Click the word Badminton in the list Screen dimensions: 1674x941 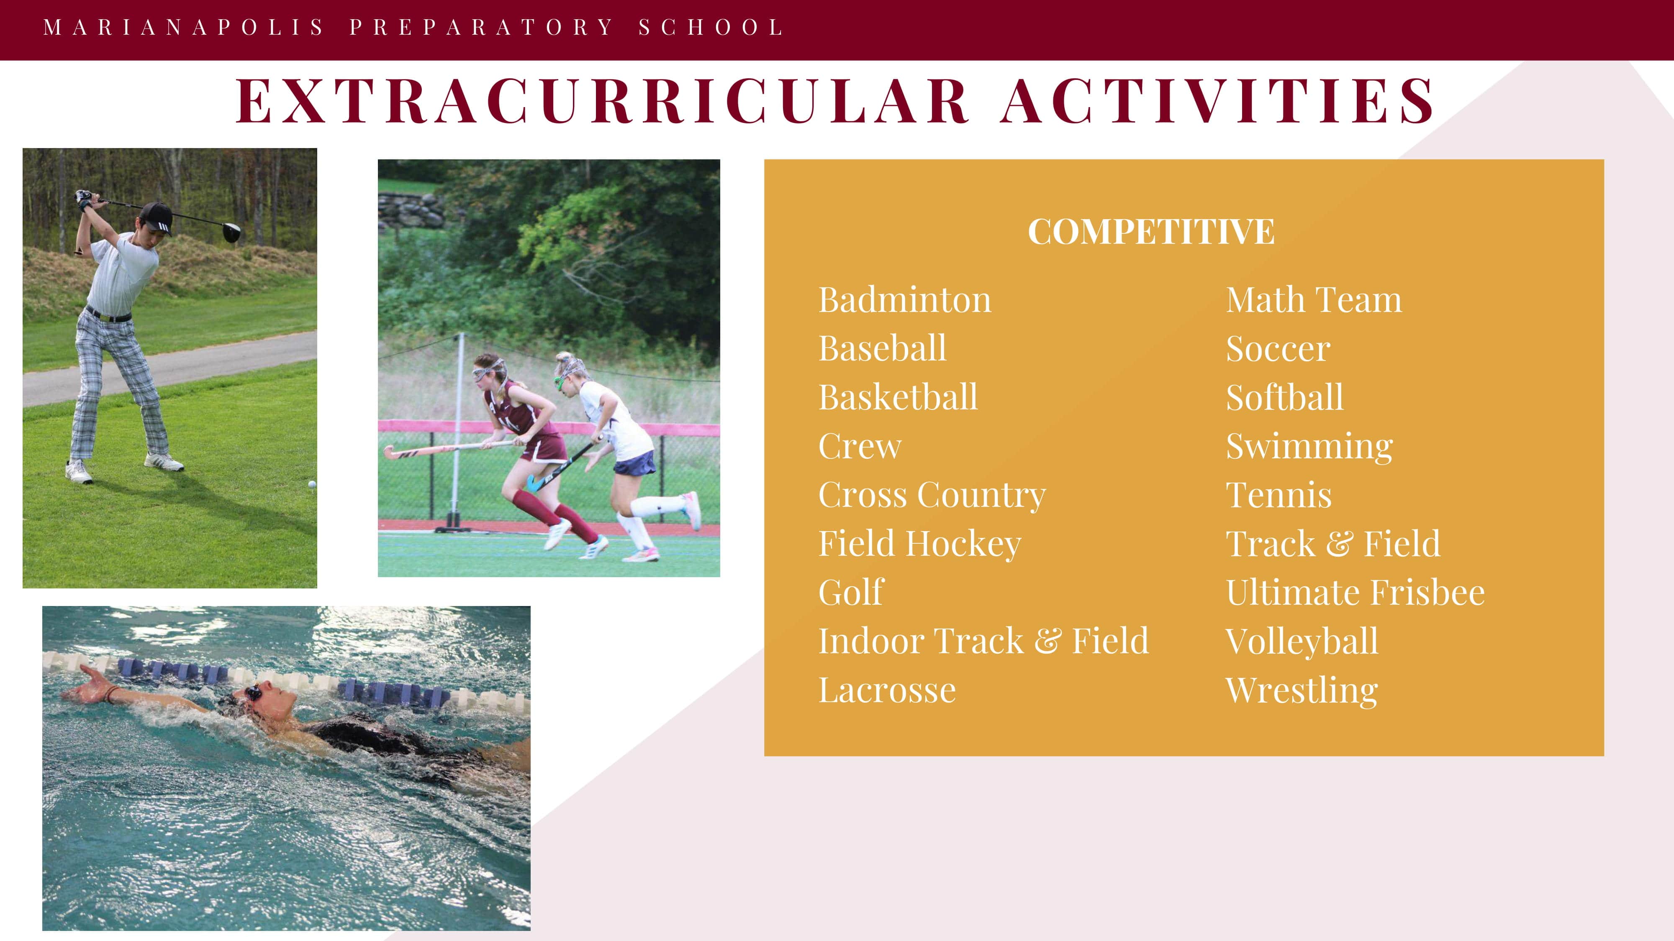tap(904, 300)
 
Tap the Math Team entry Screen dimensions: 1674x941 tap(1314, 300)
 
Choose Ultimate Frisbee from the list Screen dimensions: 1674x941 tap(1356, 592)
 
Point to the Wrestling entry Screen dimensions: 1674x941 tap(1302, 691)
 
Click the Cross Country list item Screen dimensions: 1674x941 tap(932, 496)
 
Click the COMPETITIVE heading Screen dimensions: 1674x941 tap(1151, 232)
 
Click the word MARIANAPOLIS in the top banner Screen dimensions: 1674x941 tap(183, 27)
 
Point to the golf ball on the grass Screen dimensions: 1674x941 tap(312, 484)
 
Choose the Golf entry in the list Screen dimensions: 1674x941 tap(851, 592)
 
